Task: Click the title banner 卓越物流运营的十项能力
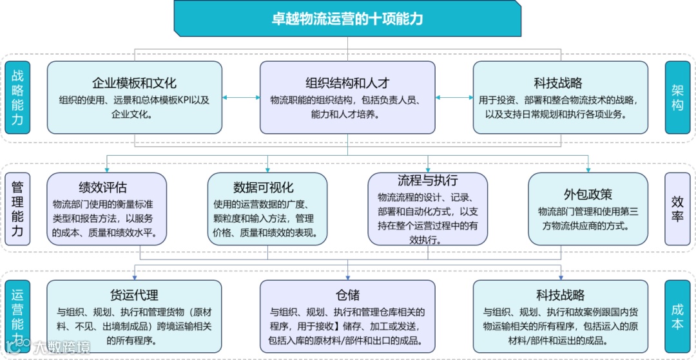347,18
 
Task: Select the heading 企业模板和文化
134,83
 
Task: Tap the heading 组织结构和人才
347,83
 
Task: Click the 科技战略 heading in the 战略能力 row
558,83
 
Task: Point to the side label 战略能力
17,97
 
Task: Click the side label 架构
677,97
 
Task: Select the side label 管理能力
17,209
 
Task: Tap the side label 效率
677,209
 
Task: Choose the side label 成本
677,317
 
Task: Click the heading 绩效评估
103,187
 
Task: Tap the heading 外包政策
588,194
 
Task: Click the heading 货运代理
134,296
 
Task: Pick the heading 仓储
347,296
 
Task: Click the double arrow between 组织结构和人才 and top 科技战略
454,98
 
